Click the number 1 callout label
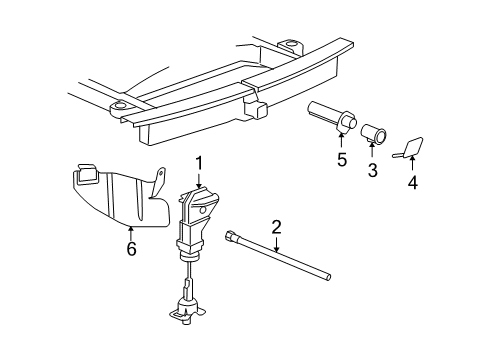[x=199, y=162]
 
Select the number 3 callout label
[x=372, y=171]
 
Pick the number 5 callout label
[x=341, y=159]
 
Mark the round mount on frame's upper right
[x=291, y=46]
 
